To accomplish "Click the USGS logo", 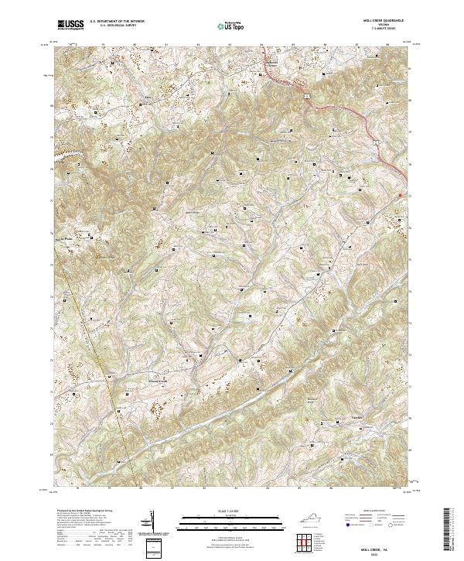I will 70,24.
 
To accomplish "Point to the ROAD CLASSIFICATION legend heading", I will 374,511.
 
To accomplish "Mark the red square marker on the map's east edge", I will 400,195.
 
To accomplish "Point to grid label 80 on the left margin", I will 53,106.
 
